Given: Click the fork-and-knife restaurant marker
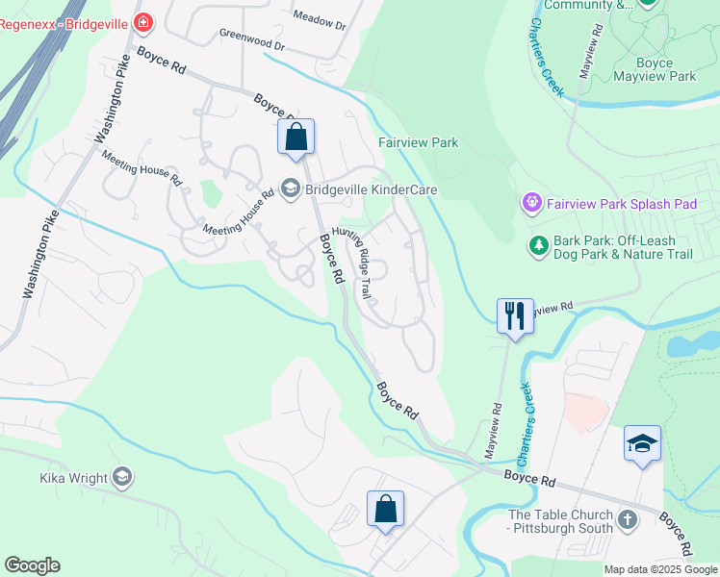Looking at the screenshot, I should [515, 315].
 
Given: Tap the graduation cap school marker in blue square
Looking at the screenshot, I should [642, 442].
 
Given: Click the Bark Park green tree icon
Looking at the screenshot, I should [539, 247].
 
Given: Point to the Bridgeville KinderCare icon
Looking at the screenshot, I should [290, 188].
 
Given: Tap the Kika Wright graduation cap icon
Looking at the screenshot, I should [121, 477].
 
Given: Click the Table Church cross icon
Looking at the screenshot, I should [628, 521].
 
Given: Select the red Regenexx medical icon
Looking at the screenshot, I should [143, 21].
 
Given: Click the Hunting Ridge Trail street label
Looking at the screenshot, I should [352, 263].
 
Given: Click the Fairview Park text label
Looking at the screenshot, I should [418, 142].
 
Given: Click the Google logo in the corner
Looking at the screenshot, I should [32, 565].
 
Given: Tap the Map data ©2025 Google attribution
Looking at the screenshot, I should [659, 569].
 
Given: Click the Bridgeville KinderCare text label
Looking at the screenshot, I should [371, 189].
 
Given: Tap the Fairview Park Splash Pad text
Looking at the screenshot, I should [622, 204].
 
